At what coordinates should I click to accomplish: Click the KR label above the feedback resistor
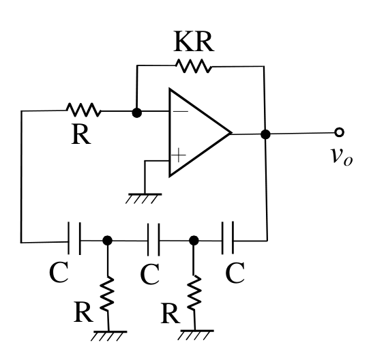pyautogui.click(x=194, y=42)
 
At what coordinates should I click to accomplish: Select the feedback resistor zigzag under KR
pyautogui.click(x=194, y=66)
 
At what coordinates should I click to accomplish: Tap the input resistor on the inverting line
pyautogui.click(x=83, y=110)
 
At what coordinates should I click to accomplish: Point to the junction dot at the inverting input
pyautogui.click(x=137, y=112)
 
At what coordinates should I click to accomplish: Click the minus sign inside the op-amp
pyautogui.click(x=181, y=111)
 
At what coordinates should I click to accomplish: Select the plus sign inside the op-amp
pyautogui.click(x=179, y=155)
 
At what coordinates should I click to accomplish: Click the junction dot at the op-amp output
pyautogui.click(x=265, y=134)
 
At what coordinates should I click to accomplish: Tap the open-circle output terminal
pyautogui.click(x=339, y=132)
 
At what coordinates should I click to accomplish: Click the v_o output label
pyautogui.click(x=342, y=157)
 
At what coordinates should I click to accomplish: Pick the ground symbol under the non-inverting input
pyautogui.click(x=144, y=198)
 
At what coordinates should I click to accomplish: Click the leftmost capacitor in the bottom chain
pyautogui.click(x=74, y=238)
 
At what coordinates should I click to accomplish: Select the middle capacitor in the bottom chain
pyautogui.click(x=153, y=239)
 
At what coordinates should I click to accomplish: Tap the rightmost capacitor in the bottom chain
pyautogui.click(x=228, y=238)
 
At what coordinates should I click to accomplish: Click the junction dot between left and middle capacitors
pyautogui.click(x=108, y=241)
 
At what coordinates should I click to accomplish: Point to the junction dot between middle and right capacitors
pyautogui.click(x=194, y=241)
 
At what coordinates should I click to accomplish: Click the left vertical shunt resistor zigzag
pyautogui.click(x=107, y=293)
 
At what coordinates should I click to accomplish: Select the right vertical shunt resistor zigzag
pyautogui.click(x=194, y=292)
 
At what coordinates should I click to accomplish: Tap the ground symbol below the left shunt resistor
pyautogui.click(x=109, y=336)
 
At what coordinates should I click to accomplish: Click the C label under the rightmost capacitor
pyautogui.click(x=235, y=273)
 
